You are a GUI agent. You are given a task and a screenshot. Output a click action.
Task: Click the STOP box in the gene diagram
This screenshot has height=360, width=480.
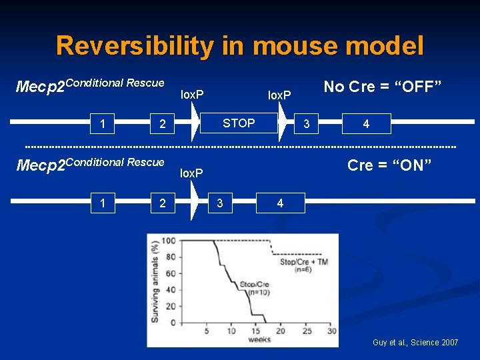pos(238,123)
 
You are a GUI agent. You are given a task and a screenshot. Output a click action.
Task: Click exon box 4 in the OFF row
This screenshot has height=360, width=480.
pos(366,124)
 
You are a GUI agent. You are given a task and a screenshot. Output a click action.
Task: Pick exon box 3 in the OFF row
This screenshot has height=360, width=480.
pos(306,124)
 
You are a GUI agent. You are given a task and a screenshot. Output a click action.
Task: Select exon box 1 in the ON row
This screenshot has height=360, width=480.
pos(102,203)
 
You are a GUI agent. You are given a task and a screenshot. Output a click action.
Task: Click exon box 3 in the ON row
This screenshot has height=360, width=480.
pos(219,203)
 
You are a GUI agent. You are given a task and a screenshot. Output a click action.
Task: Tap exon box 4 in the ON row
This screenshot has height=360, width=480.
pos(280,203)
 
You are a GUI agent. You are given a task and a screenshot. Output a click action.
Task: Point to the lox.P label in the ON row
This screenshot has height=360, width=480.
pos(193,173)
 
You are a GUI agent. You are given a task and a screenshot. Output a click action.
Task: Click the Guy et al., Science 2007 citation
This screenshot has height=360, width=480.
pos(415,343)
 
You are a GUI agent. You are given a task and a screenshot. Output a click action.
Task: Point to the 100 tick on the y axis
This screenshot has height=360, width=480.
pos(168,241)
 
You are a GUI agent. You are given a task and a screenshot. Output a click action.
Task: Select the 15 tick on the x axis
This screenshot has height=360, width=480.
pos(255,331)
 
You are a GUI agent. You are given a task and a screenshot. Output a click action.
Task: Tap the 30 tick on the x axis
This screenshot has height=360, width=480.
pos(331,331)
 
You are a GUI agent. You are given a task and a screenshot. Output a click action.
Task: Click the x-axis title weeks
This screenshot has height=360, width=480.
pos(259,340)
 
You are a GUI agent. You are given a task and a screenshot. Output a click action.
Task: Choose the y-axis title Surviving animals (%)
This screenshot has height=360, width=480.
pos(155,281)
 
